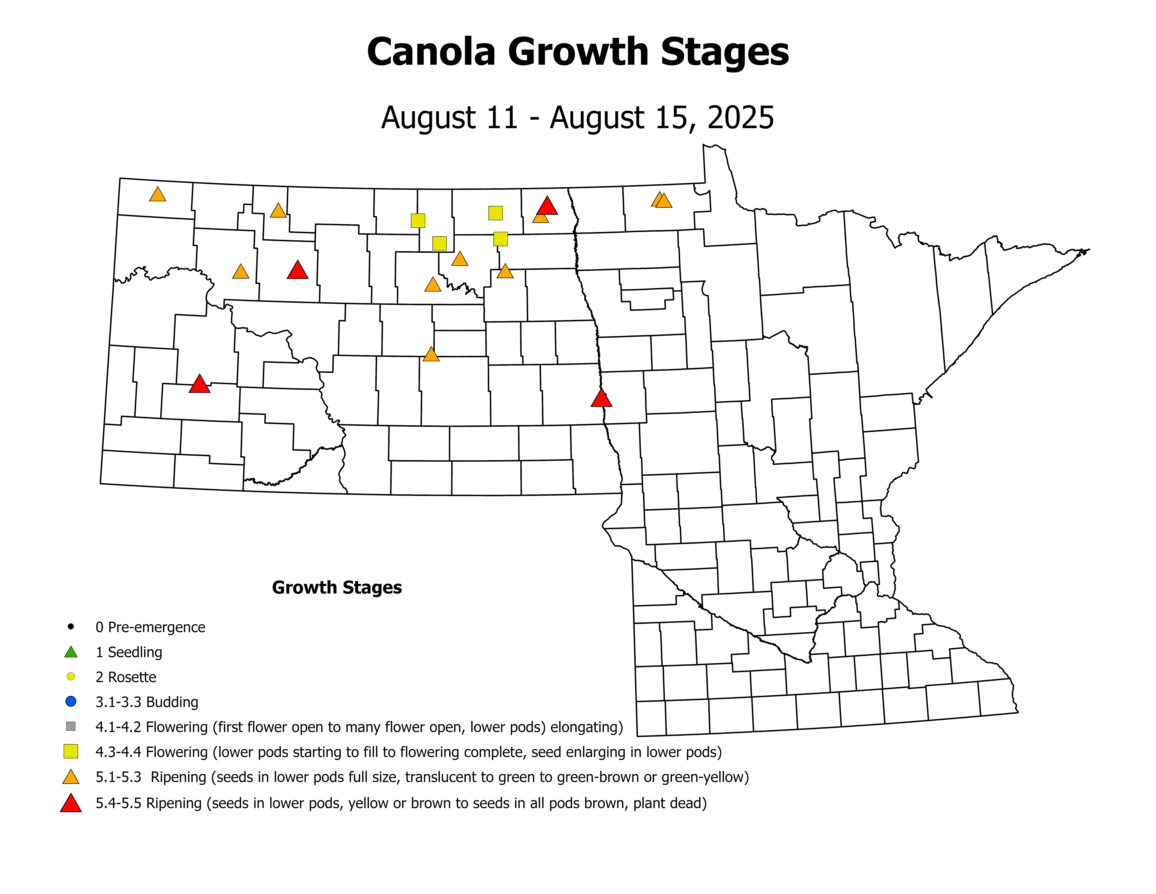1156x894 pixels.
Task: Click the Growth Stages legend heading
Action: tap(337, 587)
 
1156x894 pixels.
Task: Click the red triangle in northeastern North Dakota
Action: tap(547, 206)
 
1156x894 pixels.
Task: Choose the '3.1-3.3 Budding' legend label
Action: tap(147, 702)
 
